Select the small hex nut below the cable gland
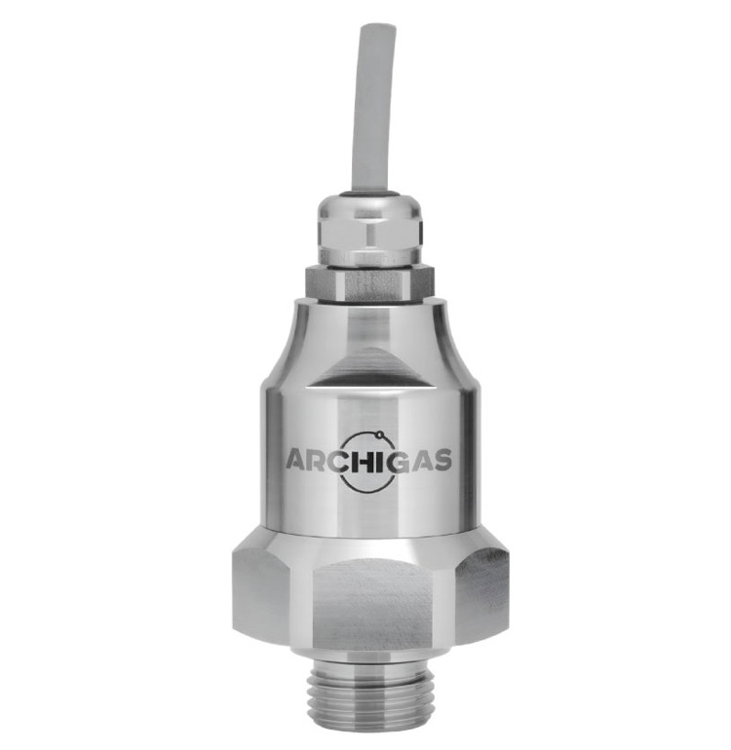(369, 284)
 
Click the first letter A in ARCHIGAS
(297, 460)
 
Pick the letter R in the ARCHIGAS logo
(321, 460)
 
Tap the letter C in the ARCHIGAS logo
(342, 460)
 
